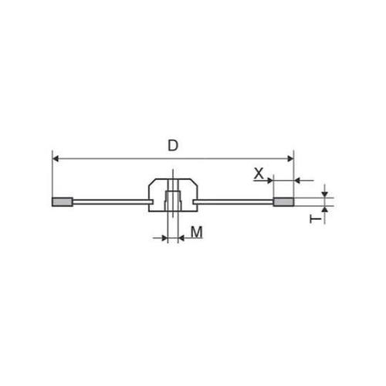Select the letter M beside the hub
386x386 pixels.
click(x=196, y=231)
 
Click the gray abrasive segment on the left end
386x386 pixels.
click(x=62, y=203)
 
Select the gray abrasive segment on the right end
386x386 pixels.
click(x=284, y=203)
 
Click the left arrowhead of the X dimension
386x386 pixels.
click(x=270, y=181)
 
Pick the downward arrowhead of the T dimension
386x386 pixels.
click(x=325, y=194)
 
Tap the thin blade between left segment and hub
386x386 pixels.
click(x=108, y=203)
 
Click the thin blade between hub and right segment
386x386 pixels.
click(x=235, y=203)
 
